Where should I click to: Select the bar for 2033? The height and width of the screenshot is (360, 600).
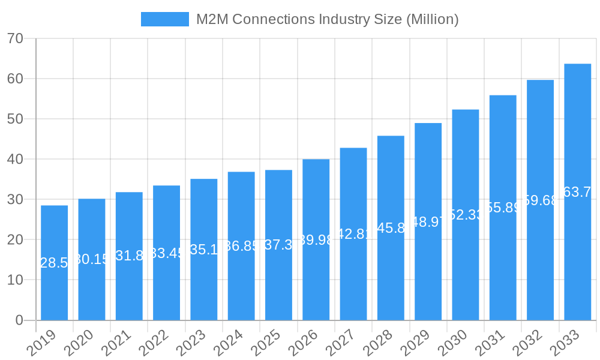point(577,192)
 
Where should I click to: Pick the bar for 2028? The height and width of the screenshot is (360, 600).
point(391,228)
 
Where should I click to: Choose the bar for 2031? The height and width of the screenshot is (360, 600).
point(503,208)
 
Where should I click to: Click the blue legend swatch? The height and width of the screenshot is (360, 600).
point(164,19)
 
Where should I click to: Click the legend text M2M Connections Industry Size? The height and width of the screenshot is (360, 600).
point(327,19)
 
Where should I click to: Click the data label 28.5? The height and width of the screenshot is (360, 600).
point(54,263)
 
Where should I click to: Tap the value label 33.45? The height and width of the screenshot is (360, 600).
point(166,253)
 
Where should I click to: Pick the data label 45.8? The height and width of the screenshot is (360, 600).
point(391,228)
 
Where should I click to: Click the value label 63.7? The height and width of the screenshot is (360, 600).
point(577,192)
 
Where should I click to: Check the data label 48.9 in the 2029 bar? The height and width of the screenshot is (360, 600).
point(428,222)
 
